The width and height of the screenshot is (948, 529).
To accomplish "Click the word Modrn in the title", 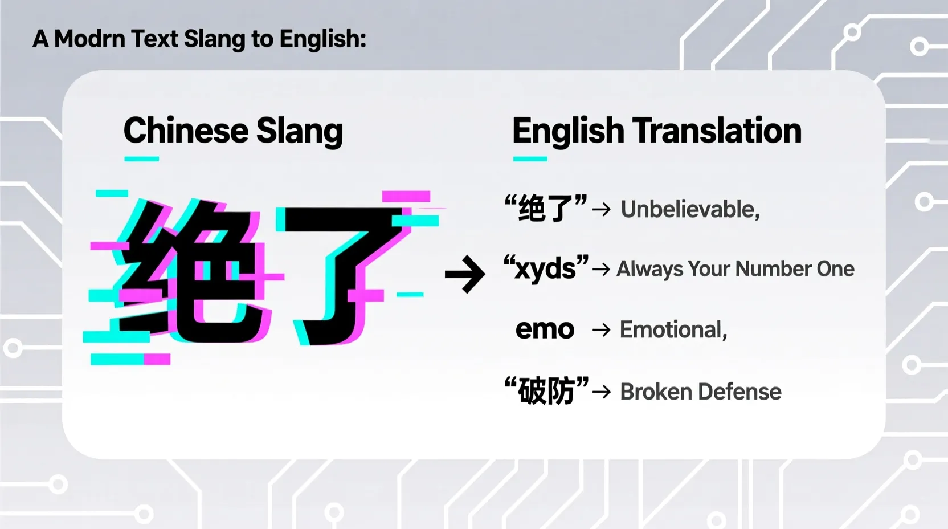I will pos(89,39).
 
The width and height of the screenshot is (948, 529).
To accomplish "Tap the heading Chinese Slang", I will pos(233,131).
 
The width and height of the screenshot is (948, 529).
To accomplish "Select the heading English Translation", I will pos(656,131).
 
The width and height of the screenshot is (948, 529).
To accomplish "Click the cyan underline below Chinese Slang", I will pos(141,159).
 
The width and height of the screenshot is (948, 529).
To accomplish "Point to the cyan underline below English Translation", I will pos(530,159).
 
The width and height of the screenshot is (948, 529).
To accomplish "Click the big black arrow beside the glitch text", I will pos(465,274).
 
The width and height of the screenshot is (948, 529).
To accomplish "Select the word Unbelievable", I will pos(689,210).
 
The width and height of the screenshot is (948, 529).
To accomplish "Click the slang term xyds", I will pos(545,268).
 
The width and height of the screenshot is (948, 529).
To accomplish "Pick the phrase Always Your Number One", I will pos(735,269).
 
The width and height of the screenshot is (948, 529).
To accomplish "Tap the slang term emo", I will pos(545,329).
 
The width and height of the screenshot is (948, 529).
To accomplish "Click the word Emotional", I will pos(672,330).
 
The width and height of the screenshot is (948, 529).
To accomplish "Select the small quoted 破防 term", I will pos(546,391).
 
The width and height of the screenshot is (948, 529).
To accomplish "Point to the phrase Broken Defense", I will pos(700,392).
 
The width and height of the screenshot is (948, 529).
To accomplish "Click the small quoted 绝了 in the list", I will pos(545,208).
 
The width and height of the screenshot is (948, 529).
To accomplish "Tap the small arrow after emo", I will pos(601,330).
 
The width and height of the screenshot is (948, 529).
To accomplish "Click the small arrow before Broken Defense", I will pos(602,392).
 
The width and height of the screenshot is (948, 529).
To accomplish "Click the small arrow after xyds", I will pos(601,269).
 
